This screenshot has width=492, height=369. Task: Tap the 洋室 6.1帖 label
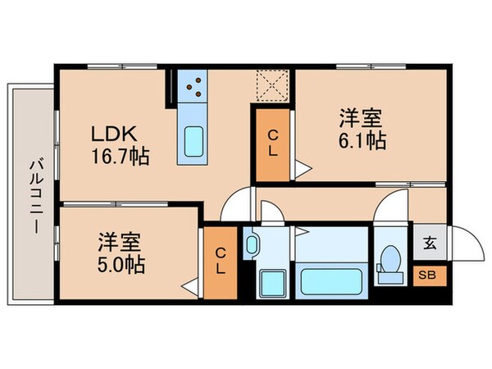(x=361, y=128)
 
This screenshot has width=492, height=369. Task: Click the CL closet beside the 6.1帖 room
(x=271, y=144)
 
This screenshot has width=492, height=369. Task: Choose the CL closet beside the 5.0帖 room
(x=220, y=262)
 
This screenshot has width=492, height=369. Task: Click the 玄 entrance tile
(x=429, y=243)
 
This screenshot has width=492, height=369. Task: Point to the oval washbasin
(x=252, y=244)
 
